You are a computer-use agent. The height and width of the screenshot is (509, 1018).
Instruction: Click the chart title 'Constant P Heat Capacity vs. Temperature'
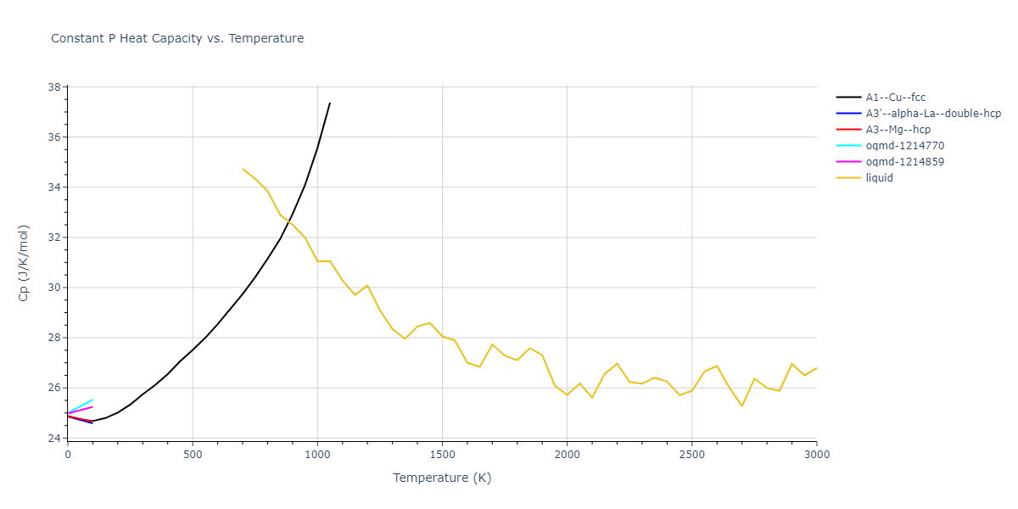(x=177, y=38)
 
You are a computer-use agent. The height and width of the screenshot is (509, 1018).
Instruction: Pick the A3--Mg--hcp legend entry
(x=898, y=130)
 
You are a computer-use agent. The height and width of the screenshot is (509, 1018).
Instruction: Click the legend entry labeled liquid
(x=879, y=178)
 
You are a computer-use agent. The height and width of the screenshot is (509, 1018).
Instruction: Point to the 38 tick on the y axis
(x=53, y=87)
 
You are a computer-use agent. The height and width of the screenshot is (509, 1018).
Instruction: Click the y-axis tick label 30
(x=53, y=288)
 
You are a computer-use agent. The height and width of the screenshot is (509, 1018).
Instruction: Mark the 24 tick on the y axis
(x=53, y=438)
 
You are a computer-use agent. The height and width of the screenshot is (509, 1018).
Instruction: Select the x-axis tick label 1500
(x=442, y=455)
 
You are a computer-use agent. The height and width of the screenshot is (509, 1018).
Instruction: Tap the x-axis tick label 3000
(x=816, y=455)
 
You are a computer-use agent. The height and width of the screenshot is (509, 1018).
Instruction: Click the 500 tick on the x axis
(x=193, y=455)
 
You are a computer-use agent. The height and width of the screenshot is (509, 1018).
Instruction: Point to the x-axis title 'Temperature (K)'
(x=442, y=478)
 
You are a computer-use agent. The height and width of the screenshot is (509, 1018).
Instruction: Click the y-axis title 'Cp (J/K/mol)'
(x=23, y=263)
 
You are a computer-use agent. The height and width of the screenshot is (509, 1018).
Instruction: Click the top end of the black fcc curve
(x=330, y=103)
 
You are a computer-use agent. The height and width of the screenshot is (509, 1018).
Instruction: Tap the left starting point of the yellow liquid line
(x=243, y=169)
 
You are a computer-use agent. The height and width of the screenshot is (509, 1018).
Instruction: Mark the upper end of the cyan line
(x=92, y=400)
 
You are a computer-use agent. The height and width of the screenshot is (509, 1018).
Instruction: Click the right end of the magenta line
(x=92, y=406)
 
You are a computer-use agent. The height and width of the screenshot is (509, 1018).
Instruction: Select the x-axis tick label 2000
(x=567, y=455)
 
